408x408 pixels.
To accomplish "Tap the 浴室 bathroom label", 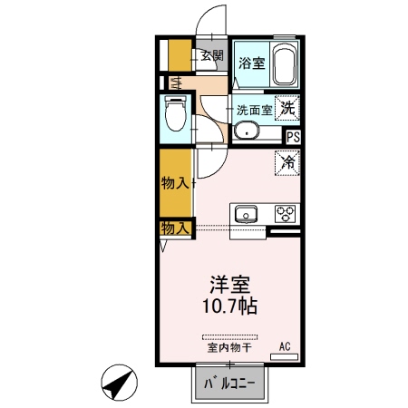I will [251, 63].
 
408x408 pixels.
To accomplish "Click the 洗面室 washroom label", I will [253, 110].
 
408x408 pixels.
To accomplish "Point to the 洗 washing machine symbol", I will [287, 107].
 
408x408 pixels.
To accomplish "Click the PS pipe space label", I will [293, 137].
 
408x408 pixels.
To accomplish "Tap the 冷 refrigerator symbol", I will [287, 163].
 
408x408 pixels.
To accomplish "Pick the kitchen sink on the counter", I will [246, 215].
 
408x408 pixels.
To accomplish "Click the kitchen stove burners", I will [286, 214].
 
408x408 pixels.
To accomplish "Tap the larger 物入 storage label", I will [175, 183].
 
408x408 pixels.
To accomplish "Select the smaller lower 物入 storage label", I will [175, 228].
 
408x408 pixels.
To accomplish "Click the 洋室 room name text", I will [230, 283].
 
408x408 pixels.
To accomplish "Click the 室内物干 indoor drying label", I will [229, 347].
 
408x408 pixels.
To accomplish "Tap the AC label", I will [284, 346].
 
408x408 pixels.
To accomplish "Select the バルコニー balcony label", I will [230, 384].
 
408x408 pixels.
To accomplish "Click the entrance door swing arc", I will [214, 20].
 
